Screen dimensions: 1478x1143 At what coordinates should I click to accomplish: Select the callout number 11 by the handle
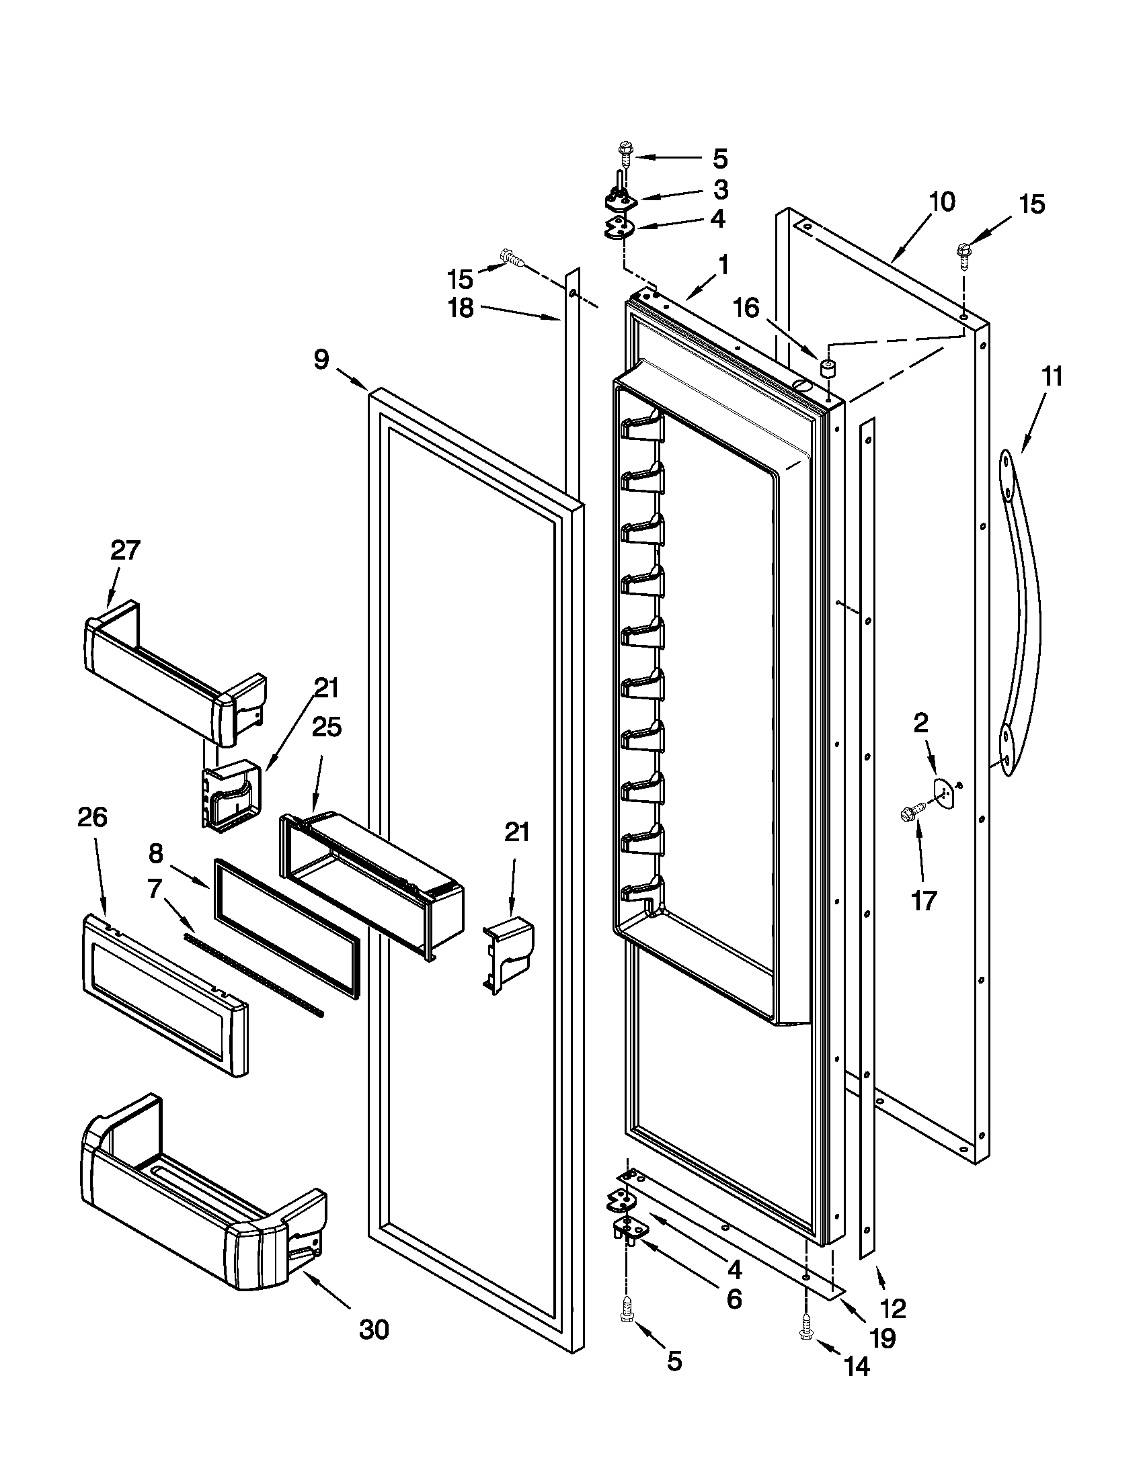1051,376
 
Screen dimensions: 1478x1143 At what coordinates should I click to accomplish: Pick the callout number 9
321,359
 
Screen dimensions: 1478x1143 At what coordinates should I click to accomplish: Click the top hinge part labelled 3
621,199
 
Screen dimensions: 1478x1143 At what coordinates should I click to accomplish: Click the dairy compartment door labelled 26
165,994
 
